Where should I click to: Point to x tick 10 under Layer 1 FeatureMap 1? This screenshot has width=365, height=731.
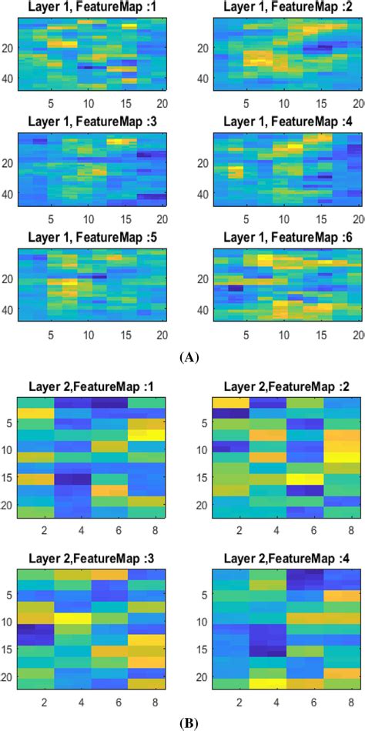click(x=89, y=104)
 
